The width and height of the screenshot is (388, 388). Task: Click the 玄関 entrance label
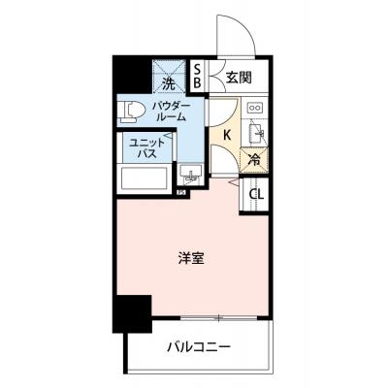pos(239,78)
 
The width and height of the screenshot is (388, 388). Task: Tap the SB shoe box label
pos(197,76)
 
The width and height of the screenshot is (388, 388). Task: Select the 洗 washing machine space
pos(169,77)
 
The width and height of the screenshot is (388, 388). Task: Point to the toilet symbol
pos(128,111)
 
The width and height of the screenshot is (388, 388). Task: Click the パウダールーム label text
pos(171,112)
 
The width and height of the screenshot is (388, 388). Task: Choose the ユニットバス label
pos(147,148)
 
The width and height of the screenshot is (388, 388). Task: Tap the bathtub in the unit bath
pos(145,179)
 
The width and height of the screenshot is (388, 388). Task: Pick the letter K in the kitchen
pos(227,135)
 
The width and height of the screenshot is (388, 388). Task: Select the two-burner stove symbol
pos(256,108)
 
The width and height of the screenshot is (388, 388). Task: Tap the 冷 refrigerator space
pos(254,160)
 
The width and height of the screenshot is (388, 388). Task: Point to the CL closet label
pos(256,194)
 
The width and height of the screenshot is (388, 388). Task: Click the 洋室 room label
pos(191,258)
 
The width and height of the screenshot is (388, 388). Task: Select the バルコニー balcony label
pos(199,347)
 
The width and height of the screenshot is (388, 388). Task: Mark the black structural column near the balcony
pos(132,314)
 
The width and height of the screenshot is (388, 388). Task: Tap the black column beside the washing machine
pos(132,75)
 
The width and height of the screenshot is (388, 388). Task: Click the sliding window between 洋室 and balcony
pos(218,318)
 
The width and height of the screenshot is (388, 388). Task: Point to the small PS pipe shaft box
pos(182,192)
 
